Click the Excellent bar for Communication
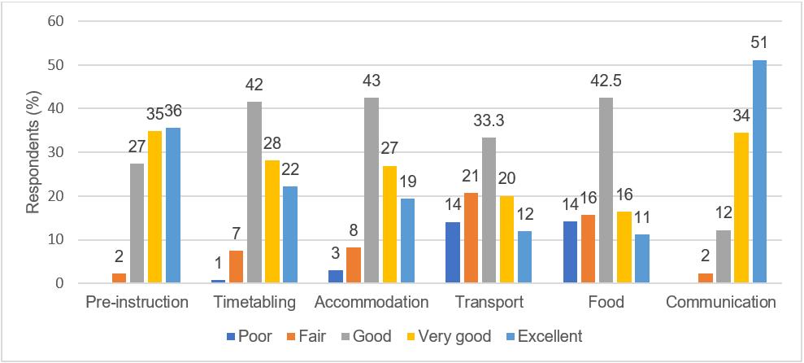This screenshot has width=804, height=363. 759,172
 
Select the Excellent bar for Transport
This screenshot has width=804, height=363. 524,257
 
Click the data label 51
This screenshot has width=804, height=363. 759,43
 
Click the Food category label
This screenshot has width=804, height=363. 606,303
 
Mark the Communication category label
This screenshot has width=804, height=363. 720,303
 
